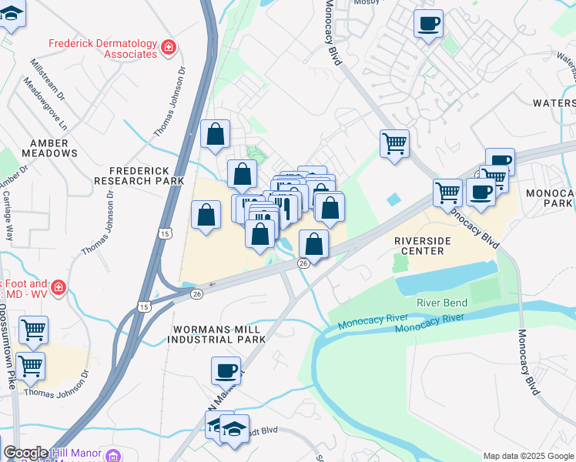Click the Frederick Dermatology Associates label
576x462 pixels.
pos(102,49)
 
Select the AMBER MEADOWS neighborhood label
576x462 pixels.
pos(54,148)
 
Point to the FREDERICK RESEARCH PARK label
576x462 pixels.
pos(139,175)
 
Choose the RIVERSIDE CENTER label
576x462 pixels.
pos(420,246)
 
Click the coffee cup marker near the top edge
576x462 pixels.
pos(428,23)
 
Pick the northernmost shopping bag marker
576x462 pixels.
pos(216,134)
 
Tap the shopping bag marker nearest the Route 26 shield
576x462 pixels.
pos(313,245)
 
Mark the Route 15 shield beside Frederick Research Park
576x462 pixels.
pos(166,232)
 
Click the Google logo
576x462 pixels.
pos(25,453)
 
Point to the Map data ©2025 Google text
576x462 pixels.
pos(527,456)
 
